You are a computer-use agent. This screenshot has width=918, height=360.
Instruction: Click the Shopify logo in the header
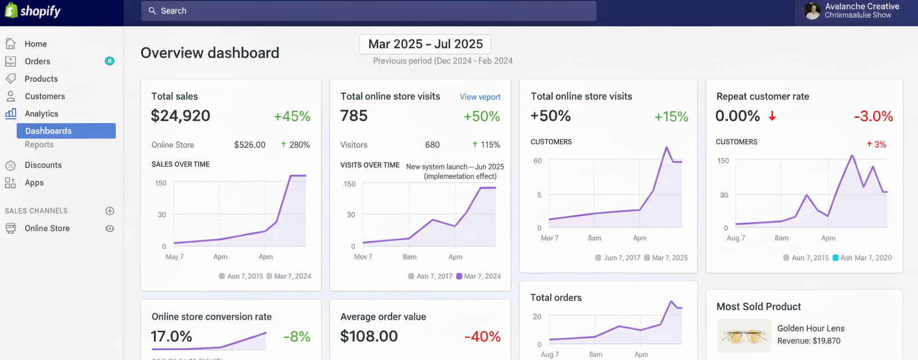coord(33,11)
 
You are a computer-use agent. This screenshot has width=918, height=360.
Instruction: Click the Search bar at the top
coord(368,11)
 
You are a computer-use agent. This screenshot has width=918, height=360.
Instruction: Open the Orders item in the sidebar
coord(37,61)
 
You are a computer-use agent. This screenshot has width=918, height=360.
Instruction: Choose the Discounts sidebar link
coord(43,165)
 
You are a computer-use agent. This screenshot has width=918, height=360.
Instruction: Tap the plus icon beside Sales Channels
coord(110,211)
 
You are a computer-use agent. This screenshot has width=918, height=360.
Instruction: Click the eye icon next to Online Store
coord(110,228)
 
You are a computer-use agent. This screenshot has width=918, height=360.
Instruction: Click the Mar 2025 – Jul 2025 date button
coord(425,44)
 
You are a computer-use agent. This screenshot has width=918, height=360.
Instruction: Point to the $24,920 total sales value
coord(181,116)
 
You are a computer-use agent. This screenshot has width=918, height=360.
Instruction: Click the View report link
coord(480,97)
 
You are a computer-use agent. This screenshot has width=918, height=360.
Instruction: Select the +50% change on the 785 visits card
coord(481,116)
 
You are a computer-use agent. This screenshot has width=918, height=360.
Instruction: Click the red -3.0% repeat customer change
coord(873,116)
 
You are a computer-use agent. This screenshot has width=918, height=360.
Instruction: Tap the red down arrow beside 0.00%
coord(772,116)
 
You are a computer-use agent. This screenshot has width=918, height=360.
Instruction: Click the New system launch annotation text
coord(454,171)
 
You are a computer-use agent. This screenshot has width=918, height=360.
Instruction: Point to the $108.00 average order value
coord(369,336)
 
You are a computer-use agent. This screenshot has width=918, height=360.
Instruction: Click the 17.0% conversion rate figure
coord(172,336)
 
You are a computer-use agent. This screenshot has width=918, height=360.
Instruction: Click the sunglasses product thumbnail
coord(744,336)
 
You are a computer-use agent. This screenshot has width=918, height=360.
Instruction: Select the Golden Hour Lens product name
coord(811,328)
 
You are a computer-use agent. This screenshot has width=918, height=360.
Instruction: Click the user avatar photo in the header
coord(812,11)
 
